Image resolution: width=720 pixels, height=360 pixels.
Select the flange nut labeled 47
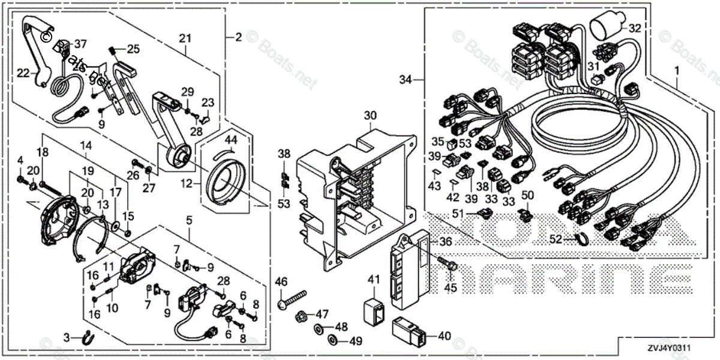[x=303, y=314]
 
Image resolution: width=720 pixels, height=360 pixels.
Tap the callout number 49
[x=355, y=342]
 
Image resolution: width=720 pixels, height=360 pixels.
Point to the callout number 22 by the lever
[x=23, y=73]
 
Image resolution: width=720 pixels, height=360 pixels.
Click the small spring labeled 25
[x=116, y=49]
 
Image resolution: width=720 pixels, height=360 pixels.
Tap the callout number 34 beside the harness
[x=406, y=79]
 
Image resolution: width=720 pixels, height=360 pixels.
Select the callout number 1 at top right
[x=676, y=71]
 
